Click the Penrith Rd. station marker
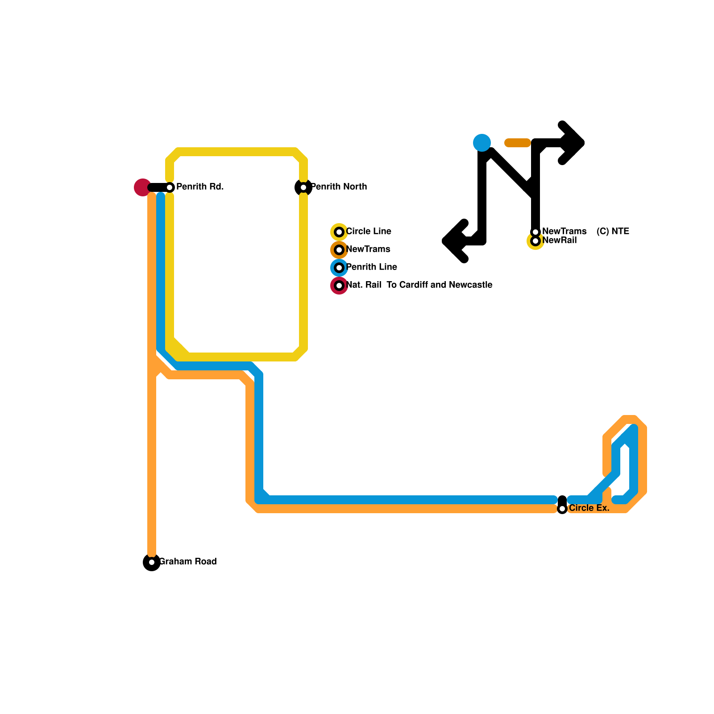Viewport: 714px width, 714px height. tap(170, 187)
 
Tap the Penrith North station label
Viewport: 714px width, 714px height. tap(339, 187)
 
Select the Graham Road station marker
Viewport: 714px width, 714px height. tap(152, 562)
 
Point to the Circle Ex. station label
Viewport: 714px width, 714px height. tap(589, 508)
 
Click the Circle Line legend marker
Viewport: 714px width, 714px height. tap(339, 232)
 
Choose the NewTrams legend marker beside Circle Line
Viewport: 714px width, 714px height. tap(339, 250)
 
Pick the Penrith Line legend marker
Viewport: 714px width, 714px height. tap(339, 268)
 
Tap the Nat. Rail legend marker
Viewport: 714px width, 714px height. tap(339, 286)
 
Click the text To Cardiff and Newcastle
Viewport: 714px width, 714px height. tap(440, 285)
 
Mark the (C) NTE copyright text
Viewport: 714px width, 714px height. tap(613, 232)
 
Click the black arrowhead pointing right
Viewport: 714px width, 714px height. tap(573, 143)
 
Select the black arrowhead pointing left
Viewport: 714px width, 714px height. tap(453, 241)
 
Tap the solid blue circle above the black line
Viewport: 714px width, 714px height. tap(482, 143)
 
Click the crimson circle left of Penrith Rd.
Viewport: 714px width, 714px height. tap(142, 187)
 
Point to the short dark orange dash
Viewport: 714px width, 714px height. tap(518, 143)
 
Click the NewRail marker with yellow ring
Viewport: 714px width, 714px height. tap(535, 241)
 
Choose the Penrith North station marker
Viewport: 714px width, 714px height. tap(303, 187)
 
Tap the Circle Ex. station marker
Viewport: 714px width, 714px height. tap(562, 509)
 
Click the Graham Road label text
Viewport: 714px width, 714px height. tap(188, 562)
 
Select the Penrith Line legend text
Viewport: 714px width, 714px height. tap(372, 267)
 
